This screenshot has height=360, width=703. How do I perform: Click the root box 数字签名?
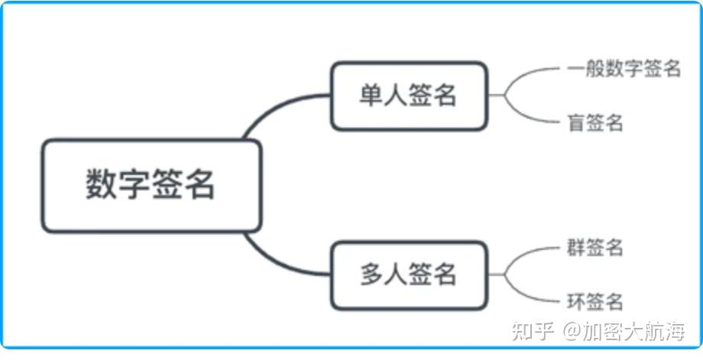tap(151, 186)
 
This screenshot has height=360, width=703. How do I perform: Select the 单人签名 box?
tap(408, 96)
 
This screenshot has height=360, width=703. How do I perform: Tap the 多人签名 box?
tap(408, 274)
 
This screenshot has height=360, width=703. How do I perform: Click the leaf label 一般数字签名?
tap(624, 69)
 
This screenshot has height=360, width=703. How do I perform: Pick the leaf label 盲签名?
tap(595, 122)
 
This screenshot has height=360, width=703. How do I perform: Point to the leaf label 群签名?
tap(595, 248)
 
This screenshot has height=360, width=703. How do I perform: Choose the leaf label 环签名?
tap(595, 301)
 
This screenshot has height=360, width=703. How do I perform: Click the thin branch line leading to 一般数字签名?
tap(535, 73)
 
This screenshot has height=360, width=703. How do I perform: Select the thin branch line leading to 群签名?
tap(535, 253)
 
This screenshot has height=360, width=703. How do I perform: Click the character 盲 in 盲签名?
tap(576, 122)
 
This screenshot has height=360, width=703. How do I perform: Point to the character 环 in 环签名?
tap(576, 301)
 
